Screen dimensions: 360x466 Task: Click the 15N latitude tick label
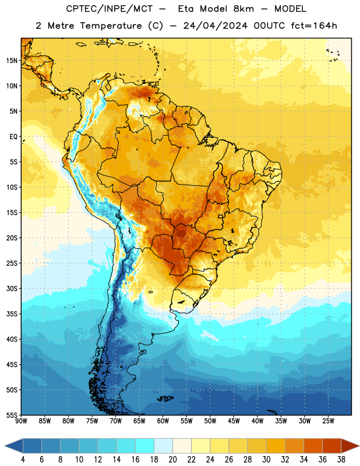pyautogui.click(x=12, y=61)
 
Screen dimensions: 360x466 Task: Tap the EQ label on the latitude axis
pyautogui.click(x=13, y=137)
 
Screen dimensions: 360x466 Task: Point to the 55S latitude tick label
pyautogui.click(x=12, y=415)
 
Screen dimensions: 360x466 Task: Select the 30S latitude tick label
pyautogui.click(x=12, y=288)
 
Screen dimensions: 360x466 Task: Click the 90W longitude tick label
pyautogui.click(x=21, y=421)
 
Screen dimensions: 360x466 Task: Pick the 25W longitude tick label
pyautogui.click(x=328, y=421)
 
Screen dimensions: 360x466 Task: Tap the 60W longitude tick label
pyautogui.click(x=163, y=421)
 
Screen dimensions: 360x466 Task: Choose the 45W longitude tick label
pyautogui.click(x=234, y=421)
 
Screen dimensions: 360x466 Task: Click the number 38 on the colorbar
pyautogui.click(x=341, y=460)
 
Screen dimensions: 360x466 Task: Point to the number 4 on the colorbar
pyautogui.click(x=23, y=460)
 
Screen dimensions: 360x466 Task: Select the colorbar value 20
pyautogui.click(x=172, y=460)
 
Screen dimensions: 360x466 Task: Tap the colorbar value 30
pyautogui.click(x=266, y=460)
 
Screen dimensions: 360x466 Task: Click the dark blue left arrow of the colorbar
pyautogui.click(x=14, y=446)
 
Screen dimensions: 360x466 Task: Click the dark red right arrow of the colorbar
pyautogui.click(x=350, y=446)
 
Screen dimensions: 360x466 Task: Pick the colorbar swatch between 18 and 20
pyautogui.click(x=163, y=446)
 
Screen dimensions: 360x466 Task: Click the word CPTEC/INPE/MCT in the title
pyautogui.click(x=109, y=9)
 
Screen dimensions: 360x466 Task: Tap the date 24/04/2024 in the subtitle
pyautogui.click(x=215, y=26)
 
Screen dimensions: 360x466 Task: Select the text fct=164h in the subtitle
pyautogui.click(x=314, y=26)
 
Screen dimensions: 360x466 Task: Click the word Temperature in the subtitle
pyautogui.click(x=111, y=26)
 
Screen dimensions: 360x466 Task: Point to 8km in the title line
pyautogui.click(x=243, y=9)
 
